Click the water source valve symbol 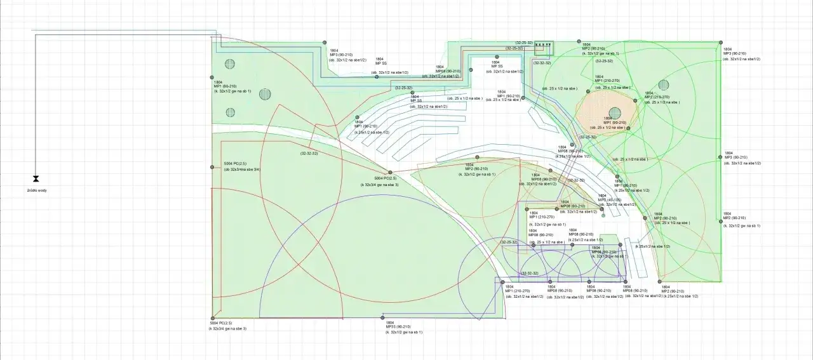[x=36, y=179]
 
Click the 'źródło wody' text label [x=37, y=190]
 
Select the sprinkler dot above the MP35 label [x=382, y=317]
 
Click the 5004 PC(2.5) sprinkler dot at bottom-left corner [x=212, y=318]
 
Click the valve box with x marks [x=544, y=46]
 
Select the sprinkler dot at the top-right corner [x=721, y=43]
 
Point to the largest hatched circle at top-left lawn [x=265, y=94]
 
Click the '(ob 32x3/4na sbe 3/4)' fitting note [x=242, y=170]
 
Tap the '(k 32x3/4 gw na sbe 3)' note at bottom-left [x=227, y=328]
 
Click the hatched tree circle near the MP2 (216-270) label [x=664, y=85]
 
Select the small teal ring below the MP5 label [x=603, y=215]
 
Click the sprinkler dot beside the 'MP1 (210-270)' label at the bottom [x=502, y=282]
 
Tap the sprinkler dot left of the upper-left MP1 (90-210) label [x=212, y=77]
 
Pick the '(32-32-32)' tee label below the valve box [x=542, y=63]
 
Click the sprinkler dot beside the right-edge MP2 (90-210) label [x=722, y=221]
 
